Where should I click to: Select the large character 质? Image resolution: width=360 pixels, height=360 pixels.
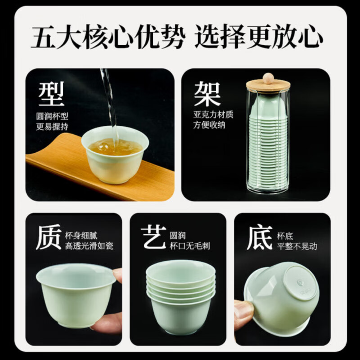[48, 237]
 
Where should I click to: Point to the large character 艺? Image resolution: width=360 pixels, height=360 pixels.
[153, 237]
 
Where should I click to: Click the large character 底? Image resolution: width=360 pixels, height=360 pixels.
[260, 237]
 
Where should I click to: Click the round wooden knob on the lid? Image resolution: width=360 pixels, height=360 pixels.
[268, 77]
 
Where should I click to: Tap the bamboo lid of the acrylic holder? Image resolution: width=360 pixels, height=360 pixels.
[268, 85]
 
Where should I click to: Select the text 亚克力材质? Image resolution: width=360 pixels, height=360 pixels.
[213, 115]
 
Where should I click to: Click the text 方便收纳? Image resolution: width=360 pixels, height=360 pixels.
[210, 126]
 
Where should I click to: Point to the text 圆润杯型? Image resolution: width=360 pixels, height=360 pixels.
[53, 116]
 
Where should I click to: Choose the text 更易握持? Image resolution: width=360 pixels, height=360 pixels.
[53, 126]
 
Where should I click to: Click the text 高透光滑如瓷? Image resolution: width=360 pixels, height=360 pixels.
[89, 246]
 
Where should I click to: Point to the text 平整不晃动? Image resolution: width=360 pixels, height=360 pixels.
[297, 246]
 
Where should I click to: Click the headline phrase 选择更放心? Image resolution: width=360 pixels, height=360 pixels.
[259, 37]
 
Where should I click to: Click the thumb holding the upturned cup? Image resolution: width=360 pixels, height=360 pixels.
[243, 310]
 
